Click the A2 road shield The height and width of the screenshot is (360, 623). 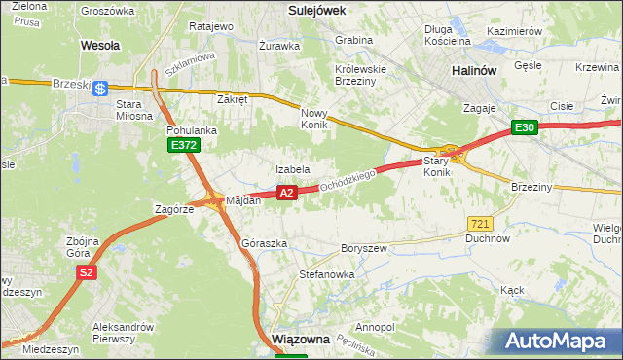[x=286, y=194]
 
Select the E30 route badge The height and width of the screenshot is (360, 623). [x=525, y=127]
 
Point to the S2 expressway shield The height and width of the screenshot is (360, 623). [x=87, y=273]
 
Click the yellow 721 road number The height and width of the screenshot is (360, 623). [x=478, y=223]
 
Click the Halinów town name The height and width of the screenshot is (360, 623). [x=475, y=71]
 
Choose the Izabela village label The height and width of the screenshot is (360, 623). [x=292, y=169]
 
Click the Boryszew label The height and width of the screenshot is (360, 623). [x=364, y=248]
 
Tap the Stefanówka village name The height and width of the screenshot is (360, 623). [x=326, y=274]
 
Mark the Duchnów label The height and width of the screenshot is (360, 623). [x=488, y=237]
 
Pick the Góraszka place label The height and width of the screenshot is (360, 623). [x=264, y=243]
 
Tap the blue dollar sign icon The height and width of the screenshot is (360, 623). [x=101, y=89]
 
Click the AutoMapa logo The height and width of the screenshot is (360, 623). [x=559, y=342]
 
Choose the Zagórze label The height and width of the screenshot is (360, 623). [x=176, y=208]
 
